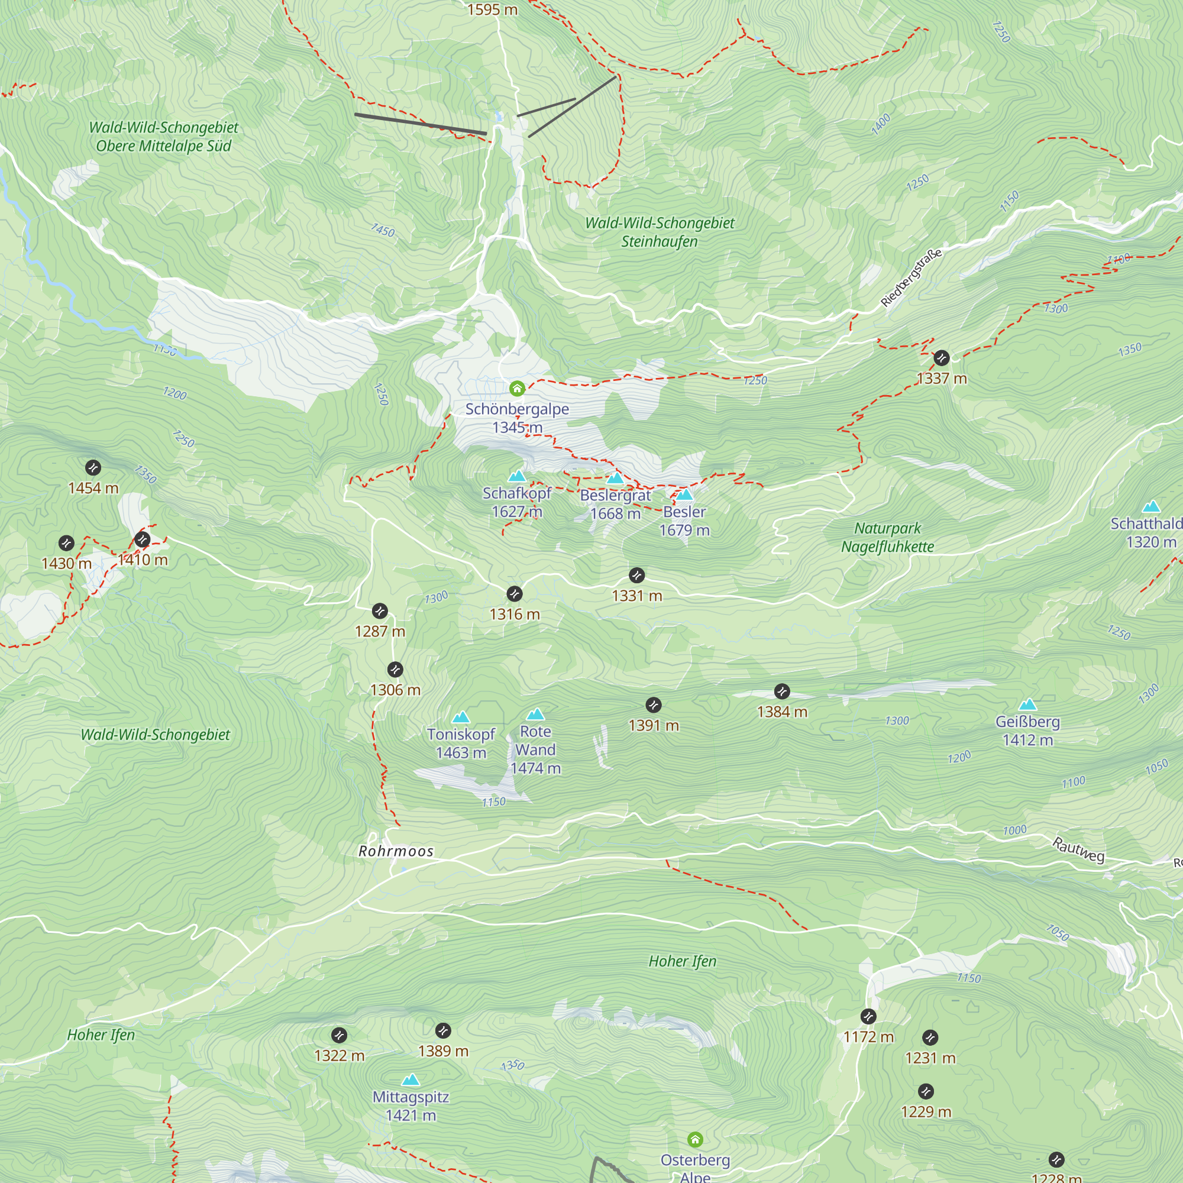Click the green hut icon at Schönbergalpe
[x=517, y=388]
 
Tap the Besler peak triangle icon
[x=684, y=494]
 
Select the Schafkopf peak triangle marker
[x=517, y=476]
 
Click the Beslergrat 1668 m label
[x=615, y=504]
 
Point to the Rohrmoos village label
[x=396, y=851]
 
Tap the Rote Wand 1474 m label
[x=535, y=749]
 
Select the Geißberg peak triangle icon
[x=1027, y=705]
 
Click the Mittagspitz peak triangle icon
[x=411, y=1079]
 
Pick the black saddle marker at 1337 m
[x=941, y=358]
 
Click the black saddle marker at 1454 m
[x=93, y=468]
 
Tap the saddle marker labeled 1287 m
[x=380, y=610]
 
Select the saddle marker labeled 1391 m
[x=654, y=705]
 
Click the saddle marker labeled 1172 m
[x=868, y=1016]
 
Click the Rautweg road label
[x=1078, y=850]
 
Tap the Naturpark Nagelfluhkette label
[x=887, y=537]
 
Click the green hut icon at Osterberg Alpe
[x=695, y=1140]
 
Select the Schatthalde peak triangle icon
[x=1151, y=506]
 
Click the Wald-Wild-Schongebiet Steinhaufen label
[x=660, y=232]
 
